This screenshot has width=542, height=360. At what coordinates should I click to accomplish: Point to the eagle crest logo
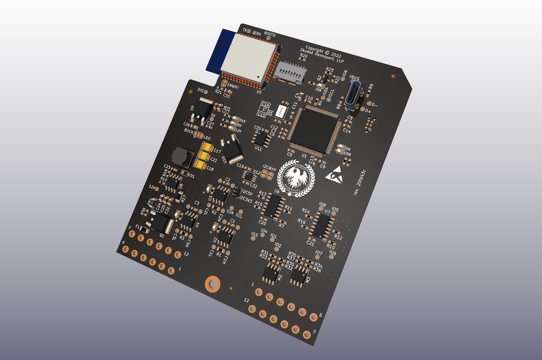[x=296, y=178]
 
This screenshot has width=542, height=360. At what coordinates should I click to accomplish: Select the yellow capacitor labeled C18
[x=200, y=165]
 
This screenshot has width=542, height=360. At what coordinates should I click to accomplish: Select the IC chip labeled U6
[x=273, y=206]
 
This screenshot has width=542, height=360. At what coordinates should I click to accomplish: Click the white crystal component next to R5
[x=281, y=111]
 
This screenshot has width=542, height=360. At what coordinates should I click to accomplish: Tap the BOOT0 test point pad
[x=268, y=38]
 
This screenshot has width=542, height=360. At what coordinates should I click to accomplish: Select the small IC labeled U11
[x=261, y=139]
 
